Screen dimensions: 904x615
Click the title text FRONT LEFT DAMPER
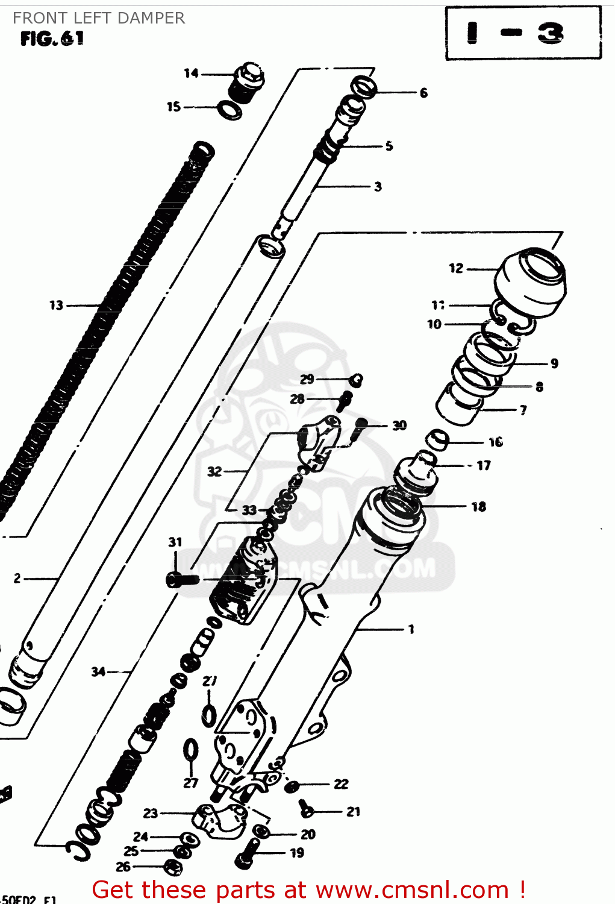click(99, 18)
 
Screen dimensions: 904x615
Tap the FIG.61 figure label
click(52, 39)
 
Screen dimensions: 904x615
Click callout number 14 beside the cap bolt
click(191, 74)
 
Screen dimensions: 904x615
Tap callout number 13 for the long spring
click(56, 306)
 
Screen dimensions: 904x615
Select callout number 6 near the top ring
click(423, 93)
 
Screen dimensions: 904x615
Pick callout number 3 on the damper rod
click(378, 187)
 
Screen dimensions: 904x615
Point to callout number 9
click(554, 363)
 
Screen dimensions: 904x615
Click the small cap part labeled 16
click(438, 440)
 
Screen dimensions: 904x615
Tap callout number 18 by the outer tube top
click(479, 507)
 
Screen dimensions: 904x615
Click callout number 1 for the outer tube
click(411, 629)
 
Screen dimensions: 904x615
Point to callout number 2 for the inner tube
click(17, 579)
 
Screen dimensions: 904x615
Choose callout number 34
click(98, 671)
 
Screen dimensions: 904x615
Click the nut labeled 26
click(173, 867)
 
